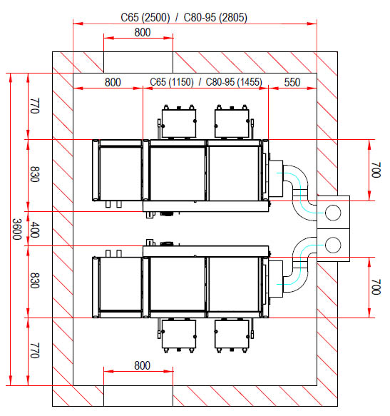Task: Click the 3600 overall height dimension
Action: (x=17, y=229)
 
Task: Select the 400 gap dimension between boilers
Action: (x=35, y=230)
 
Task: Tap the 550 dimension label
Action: (x=292, y=82)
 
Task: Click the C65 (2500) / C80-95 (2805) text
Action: (x=184, y=18)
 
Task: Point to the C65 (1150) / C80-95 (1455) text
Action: (x=206, y=82)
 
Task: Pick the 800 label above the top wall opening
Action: (x=143, y=32)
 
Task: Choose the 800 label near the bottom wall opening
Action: (x=143, y=365)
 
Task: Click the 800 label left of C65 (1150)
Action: (x=113, y=82)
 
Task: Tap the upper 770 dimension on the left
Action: (x=35, y=106)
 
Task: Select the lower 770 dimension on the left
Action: (x=35, y=351)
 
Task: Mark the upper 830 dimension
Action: (x=35, y=174)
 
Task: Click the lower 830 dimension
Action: (x=35, y=280)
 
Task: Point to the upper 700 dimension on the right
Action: (x=376, y=170)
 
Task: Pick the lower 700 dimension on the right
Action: (x=376, y=287)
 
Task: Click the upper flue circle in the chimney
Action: (x=333, y=213)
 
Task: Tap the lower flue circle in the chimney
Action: (x=333, y=245)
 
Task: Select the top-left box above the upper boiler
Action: (x=179, y=123)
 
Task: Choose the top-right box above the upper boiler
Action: (x=232, y=123)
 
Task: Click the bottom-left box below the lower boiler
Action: (x=179, y=334)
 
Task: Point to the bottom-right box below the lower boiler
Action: (x=232, y=334)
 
